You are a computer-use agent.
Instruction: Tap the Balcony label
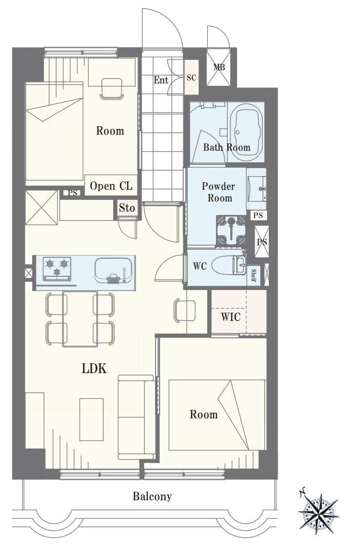click(152, 496)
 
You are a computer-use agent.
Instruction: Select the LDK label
click(94, 369)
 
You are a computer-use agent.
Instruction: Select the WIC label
click(231, 316)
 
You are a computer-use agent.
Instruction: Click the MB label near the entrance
click(219, 67)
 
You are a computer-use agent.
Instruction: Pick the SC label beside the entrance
click(191, 78)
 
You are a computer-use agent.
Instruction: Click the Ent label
click(161, 80)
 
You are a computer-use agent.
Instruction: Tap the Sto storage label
click(127, 208)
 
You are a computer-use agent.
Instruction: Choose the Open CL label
click(111, 186)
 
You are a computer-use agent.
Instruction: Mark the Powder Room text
click(219, 192)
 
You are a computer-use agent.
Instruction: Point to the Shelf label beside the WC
click(254, 275)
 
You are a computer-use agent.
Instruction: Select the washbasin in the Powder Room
click(257, 189)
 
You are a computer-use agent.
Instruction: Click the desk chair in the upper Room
click(111, 88)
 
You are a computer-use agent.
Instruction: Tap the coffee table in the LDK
click(92, 419)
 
